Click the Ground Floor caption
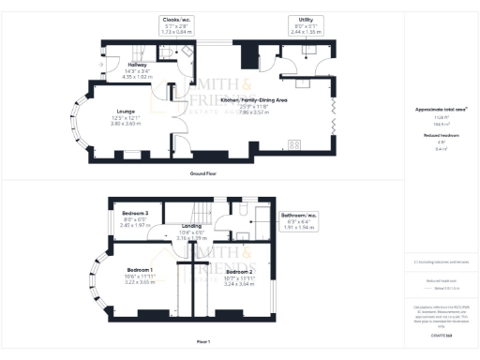[204, 174]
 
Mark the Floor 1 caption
[203, 340]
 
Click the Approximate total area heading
[441, 110]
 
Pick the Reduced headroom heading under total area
[441, 135]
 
